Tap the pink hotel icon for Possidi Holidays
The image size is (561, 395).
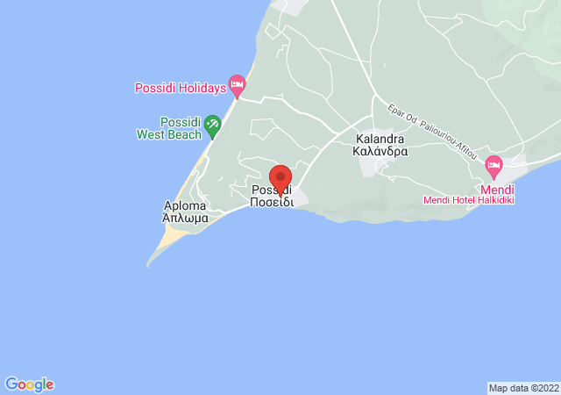[236, 85]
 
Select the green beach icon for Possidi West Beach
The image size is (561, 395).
[211, 128]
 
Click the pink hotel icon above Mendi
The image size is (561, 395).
[494, 164]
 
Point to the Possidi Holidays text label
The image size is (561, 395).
[180, 88]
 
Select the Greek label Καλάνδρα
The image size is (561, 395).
[381, 151]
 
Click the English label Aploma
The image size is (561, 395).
[185, 206]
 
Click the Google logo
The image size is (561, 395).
[29, 384]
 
